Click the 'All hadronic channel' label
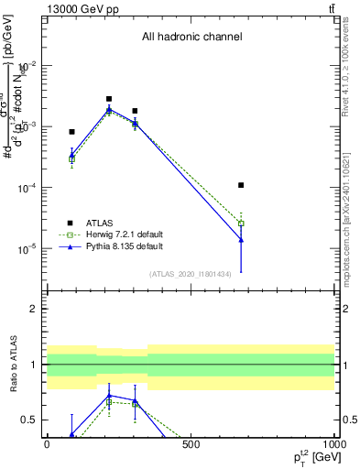click(x=191, y=38)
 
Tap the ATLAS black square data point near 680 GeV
click(x=241, y=185)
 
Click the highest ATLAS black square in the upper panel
click(x=109, y=99)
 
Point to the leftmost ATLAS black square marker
click(x=71, y=132)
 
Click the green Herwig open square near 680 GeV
click(x=241, y=224)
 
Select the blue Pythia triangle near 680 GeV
click(x=241, y=240)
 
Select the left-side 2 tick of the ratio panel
click(x=35, y=309)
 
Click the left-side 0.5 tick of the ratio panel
click(x=31, y=420)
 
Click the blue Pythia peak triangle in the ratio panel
click(x=109, y=395)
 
